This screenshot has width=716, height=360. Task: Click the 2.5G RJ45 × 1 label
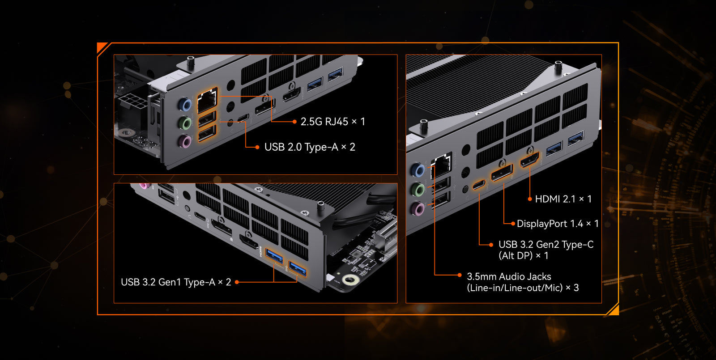click(x=333, y=122)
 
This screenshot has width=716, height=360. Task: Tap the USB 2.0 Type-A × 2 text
click(x=310, y=147)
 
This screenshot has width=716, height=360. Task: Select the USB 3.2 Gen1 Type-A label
click(x=168, y=282)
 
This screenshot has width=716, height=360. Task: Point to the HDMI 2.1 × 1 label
click(x=563, y=199)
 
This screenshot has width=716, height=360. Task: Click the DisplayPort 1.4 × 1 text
click(x=558, y=224)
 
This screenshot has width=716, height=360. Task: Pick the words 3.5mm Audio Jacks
click(x=509, y=276)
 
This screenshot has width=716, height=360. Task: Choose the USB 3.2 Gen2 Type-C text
click(x=546, y=245)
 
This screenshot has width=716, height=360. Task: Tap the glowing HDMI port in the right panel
click(x=529, y=160)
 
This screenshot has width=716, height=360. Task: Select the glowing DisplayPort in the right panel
click(x=502, y=173)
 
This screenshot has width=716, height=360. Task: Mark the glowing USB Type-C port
click(x=479, y=185)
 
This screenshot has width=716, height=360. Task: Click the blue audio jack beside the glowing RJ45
click(x=185, y=105)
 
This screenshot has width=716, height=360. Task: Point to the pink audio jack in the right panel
click(x=418, y=208)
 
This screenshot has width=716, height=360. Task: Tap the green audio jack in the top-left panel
click(x=185, y=123)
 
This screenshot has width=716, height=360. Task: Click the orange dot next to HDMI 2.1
click(x=530, y=199)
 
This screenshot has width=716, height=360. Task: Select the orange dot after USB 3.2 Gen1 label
click(x=237, y=282)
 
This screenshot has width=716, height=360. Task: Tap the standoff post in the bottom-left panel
click(x=320, y=206)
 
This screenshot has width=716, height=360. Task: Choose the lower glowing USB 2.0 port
click(x=207, y=134)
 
